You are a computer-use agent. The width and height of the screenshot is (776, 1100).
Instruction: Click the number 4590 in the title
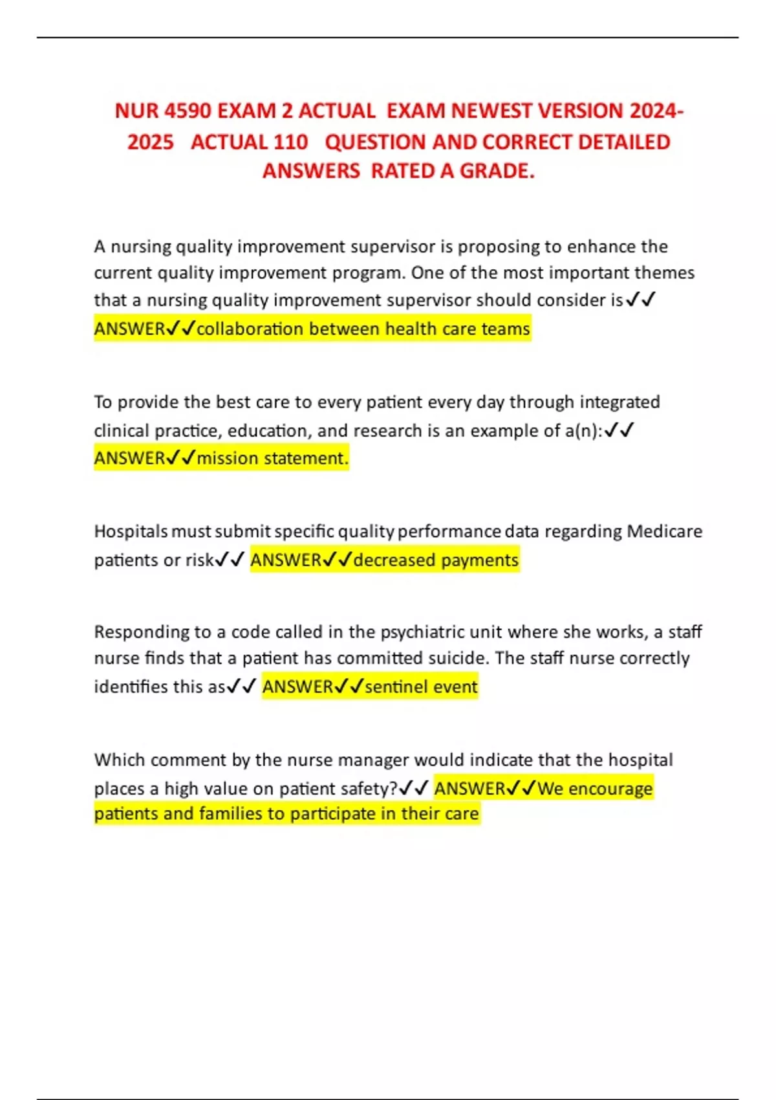(x=188, y=111)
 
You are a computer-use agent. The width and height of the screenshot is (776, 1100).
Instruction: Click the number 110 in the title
(x=290, y=142)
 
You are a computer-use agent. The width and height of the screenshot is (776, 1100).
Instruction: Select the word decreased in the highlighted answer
(x=394, y=560)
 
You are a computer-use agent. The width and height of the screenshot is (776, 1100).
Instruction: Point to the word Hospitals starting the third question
(x=131, y=531)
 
